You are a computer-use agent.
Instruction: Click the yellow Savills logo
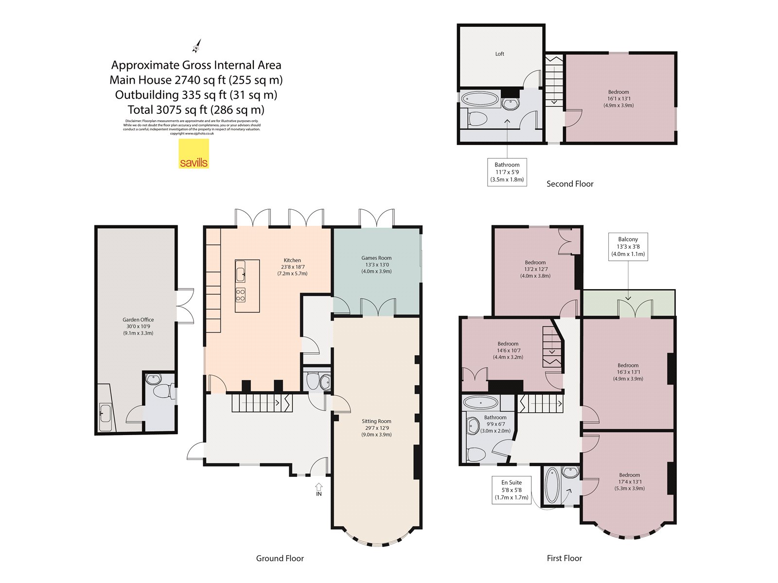194,154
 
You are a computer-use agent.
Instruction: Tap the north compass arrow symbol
196,46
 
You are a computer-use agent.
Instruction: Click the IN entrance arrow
318,487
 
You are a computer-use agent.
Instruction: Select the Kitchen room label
292,267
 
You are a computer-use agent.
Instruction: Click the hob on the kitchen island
240,295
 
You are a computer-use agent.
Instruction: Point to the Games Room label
376,264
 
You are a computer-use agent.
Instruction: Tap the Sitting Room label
376,428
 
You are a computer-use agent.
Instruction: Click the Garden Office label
138,326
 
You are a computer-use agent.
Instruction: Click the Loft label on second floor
499,54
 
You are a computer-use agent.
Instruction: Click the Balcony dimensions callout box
628,247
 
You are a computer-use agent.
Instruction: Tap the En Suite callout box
512,490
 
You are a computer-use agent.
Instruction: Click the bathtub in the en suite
551,485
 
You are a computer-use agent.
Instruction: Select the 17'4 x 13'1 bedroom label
629,481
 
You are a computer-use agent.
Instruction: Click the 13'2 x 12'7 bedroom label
535,269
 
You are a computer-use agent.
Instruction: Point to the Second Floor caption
569,184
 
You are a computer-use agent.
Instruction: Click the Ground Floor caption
280,558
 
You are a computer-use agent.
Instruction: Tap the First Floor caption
564,558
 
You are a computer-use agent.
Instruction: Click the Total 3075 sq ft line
196,110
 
